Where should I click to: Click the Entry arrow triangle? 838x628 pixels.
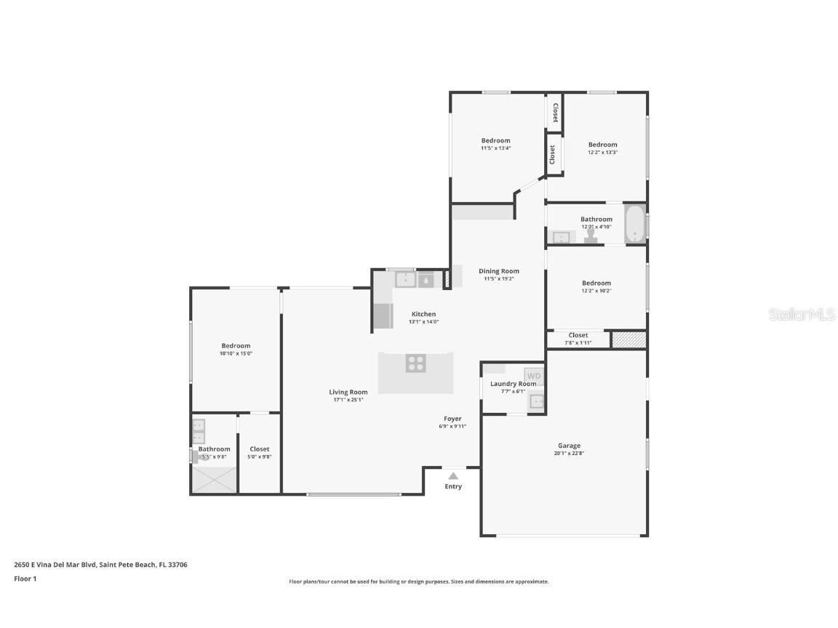453,475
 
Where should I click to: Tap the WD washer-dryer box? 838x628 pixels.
534,376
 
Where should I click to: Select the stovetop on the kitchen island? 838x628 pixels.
416,363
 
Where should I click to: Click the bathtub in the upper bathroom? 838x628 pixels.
635,223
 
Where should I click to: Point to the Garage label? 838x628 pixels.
569,446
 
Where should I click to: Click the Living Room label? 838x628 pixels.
348,392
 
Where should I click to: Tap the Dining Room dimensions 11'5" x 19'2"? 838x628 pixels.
499,278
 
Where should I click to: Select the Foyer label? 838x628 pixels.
452,419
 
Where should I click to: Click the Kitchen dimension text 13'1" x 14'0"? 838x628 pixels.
423,321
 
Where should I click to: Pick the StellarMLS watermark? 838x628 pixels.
802,315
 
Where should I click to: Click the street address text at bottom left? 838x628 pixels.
100,564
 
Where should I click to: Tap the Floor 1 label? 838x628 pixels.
25,579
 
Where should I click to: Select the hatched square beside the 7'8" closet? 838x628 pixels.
628,339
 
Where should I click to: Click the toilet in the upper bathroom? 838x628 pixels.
591,234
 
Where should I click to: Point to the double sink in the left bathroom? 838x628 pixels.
198,431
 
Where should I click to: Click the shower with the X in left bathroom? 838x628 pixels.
214,480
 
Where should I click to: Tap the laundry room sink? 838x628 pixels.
537,401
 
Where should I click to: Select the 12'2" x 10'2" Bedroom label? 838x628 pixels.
596,283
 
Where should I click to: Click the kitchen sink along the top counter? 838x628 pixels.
405,279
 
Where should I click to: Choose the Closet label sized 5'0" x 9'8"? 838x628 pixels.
259,449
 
